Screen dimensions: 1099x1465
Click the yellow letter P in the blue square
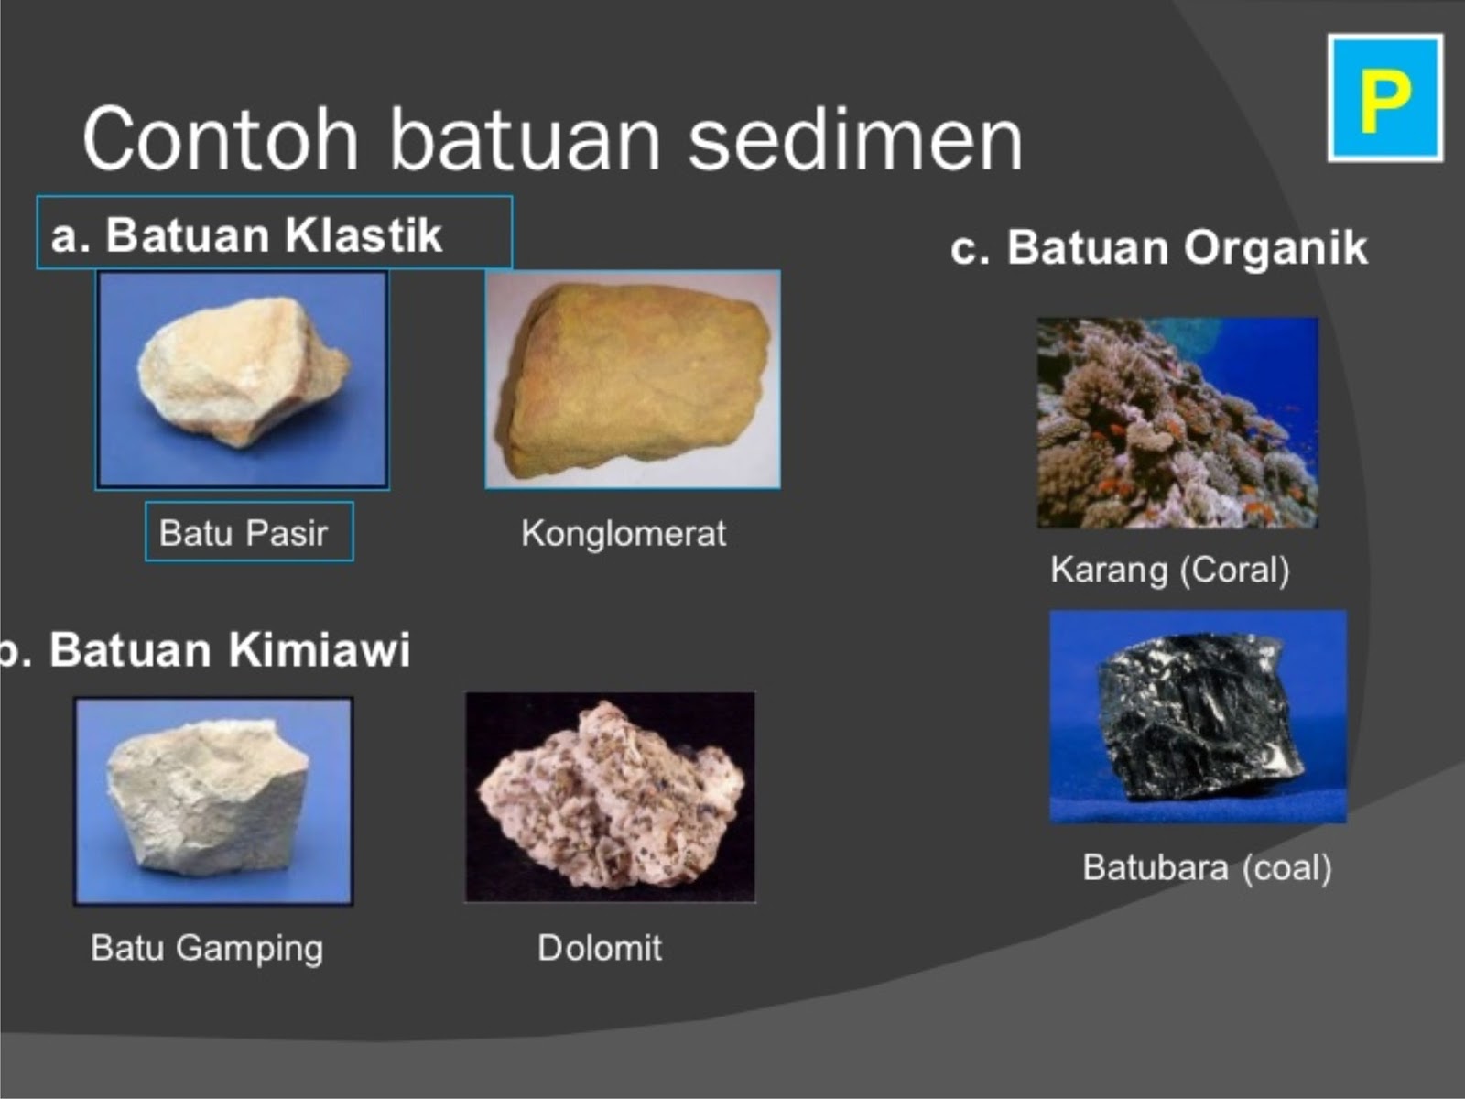point(1384,99)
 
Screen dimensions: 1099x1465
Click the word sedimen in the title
point(854,140)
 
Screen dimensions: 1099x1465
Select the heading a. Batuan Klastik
point(247,235)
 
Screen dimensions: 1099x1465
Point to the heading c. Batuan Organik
point(1158,248)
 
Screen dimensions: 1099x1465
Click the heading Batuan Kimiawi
point(229,650)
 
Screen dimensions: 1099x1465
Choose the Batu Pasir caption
point(244,533)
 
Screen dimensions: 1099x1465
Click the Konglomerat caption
point(624,533)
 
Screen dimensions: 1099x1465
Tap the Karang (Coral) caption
point(1169,570)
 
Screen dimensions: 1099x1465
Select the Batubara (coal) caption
point(1206,867)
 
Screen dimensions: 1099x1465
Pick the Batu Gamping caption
point(207,948)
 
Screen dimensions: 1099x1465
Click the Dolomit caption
point(600,948)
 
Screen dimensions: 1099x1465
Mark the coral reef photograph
point(1177,423)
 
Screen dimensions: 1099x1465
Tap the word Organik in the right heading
point(1275,248)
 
